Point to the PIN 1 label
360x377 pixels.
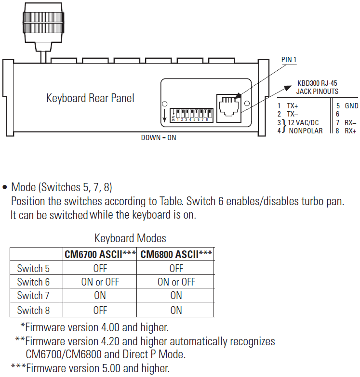click(x=288, y=59)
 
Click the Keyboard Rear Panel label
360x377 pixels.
click(x=90, y=98)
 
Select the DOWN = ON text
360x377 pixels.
click(x=159, y=137)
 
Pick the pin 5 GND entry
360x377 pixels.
click(x=347, y=105)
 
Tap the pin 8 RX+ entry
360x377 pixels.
click(x=346, y=130)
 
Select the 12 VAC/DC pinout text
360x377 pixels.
click(x=304, y=122)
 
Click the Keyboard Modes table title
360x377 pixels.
click(x=130, y=238)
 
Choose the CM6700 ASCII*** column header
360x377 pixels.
click(x=100, y=254)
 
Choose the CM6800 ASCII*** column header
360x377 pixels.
click(x=176, y=254)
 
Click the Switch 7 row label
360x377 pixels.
click(x=33, y=296)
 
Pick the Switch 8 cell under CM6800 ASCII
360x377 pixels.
click(x=176, y=310)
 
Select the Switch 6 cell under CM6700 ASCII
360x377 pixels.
click(x=100, y=282)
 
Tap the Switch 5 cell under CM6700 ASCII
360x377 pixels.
click(x=100, y=268)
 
